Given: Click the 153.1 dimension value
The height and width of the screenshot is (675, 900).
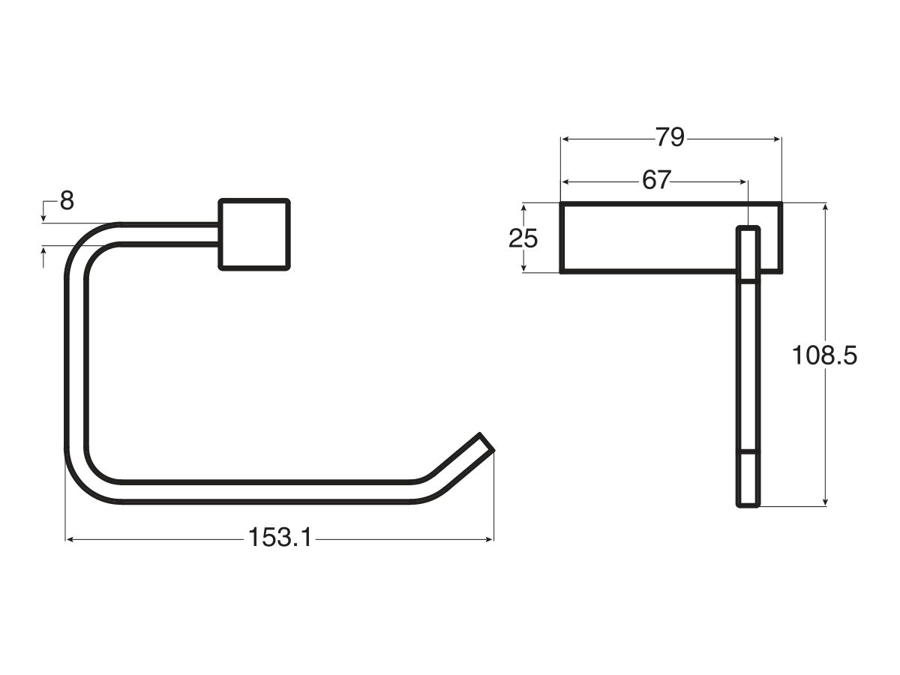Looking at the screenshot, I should click(280, 538).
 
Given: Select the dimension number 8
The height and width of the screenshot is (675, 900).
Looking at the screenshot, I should click(67, 201).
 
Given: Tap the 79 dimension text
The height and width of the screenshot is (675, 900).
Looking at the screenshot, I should click(670, 138).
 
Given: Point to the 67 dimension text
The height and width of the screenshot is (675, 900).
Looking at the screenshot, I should click(655, 181).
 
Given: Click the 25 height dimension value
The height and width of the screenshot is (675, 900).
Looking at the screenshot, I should click(523, 238).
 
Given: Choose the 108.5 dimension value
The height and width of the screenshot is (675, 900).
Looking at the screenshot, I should click(824, 355).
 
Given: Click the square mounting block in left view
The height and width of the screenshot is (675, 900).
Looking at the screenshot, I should click(254, 234).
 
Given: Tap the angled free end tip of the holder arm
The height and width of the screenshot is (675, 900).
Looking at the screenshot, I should click(486, 442).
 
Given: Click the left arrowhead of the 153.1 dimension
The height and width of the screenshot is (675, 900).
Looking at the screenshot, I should click(70, 538).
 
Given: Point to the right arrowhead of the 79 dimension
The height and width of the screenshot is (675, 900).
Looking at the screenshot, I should click(777, 139).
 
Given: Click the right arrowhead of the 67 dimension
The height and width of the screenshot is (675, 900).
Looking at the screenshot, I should click(743, 181).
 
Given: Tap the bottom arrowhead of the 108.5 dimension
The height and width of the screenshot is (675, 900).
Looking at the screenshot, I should click(826, 502).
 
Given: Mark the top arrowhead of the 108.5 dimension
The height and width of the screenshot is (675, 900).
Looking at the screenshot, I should click(826, 208).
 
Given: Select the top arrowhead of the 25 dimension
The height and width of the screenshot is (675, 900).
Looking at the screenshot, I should click(524, 208).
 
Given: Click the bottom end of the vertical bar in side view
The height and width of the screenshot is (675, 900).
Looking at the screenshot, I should click(748, 504).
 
